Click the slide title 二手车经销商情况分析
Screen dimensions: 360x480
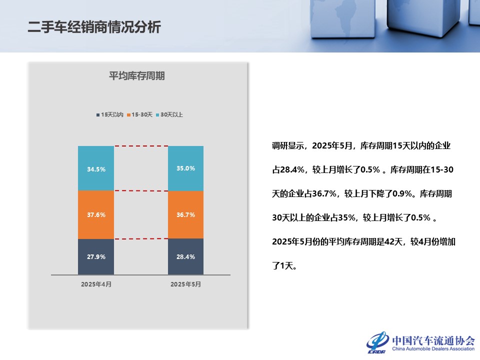pyautogui.click(x=94, y=27)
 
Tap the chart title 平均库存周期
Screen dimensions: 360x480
pyautogui.click(x=137, y=76)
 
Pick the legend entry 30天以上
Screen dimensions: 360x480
pyautogui.click(x=170, y=114)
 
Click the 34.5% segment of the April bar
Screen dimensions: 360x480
pyautogui.click(x=96, y=169)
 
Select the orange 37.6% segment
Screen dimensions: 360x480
pyautogui.click(x=96, y=214)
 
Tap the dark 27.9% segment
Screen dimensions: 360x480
pyautogui.click(x=96, y=256)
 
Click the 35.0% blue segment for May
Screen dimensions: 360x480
pyautogui.click(x=186, y=168)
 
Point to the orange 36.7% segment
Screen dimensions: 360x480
pyautogui.click(x=186, y=214)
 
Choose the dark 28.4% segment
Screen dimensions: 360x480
pyautogui.click(x=186, y=256)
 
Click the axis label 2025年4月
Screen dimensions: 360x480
pyautogui.click(x=96, y=284)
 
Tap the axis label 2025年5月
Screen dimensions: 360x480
pyautogui.click(x=185, y=284)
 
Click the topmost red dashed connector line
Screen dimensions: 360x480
pyautogui.click(x=141, y=146)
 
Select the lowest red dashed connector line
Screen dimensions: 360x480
pyautogui.click(x=141, y=238)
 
